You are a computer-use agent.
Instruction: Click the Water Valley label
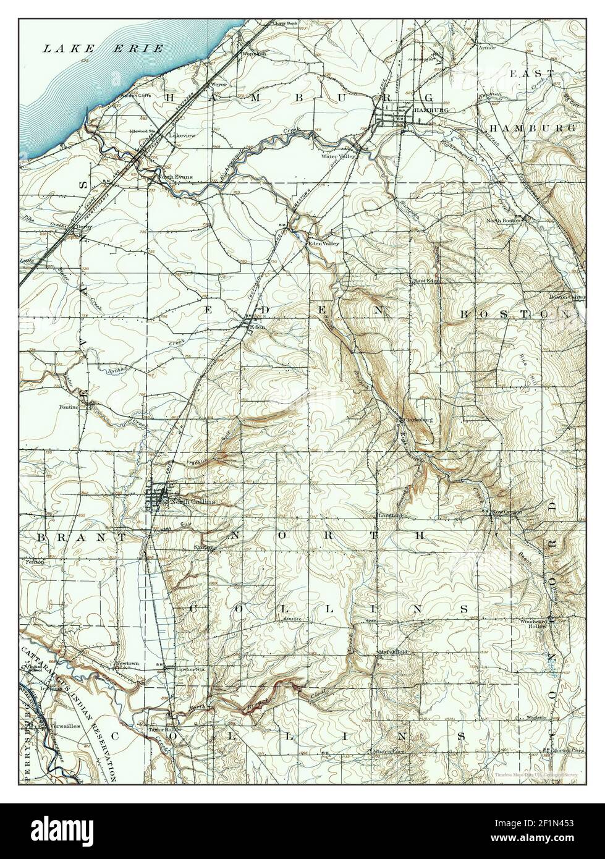click(x=339, y=156)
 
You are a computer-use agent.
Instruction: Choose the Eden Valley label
click(x=324, y=243)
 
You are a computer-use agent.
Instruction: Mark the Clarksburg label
click(x=418, y=420)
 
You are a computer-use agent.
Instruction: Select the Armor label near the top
click(x=486, y=48)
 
